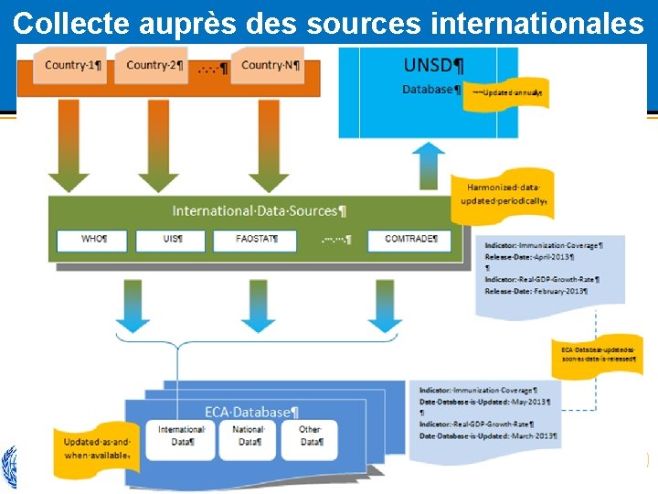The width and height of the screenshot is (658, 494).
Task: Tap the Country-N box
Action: (268, 65)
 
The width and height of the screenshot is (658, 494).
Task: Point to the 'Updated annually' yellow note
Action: (507, 93)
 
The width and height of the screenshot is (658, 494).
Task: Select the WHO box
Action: (93, 240)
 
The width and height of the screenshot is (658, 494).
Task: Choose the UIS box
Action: (171, 240)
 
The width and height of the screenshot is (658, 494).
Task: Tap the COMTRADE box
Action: (409, 240)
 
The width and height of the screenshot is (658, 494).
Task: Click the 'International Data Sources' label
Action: (260, 210)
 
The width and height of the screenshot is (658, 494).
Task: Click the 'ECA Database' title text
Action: (251, 413)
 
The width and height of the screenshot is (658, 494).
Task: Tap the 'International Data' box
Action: (182, 435)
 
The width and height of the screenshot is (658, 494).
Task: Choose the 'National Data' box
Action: (249, 435)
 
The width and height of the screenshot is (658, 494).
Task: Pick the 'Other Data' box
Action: (312, 435)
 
